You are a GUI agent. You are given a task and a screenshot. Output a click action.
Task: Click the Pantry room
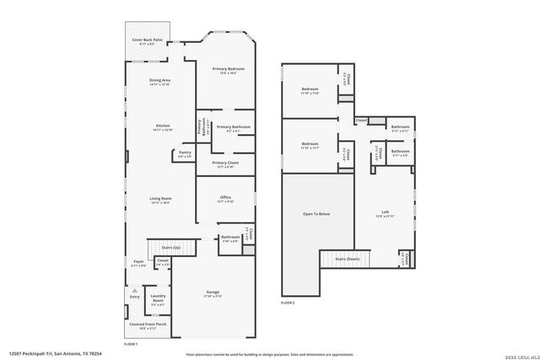[185, 154]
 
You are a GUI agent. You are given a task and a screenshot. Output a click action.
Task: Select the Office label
[225, 199]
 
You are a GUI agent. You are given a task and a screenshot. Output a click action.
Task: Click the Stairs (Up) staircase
[171, 249]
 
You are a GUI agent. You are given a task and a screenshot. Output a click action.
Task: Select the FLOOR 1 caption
[131, 344]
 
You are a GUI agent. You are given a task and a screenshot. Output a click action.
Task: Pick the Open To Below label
[316, 214]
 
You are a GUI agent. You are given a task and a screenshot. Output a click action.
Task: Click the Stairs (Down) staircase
[347, 258]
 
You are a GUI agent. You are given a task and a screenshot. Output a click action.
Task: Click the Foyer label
[138, 263]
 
